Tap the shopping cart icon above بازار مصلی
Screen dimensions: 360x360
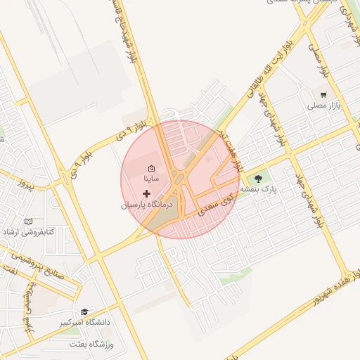click(x=323, y=94)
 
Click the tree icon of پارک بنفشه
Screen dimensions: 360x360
click(x=258, y=178)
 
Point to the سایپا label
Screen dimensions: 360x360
click(x=151, y=179)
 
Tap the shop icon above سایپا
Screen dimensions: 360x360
click(x=151, y=168)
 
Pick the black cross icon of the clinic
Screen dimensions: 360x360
click(x=146, y=193)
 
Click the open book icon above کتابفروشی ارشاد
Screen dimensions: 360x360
click(x=28, y=221)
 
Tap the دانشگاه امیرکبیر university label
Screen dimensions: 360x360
click(x=85, y=322)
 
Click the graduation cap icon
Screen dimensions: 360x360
click(x=84, y=311)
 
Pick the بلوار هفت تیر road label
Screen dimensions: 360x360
click(x=230, y=149)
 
